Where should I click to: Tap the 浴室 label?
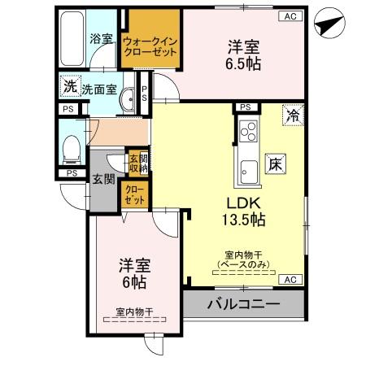point(101,38)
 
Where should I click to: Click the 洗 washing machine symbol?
point(71,85)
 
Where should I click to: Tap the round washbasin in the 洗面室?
point(127,98)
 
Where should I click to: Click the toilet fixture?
point(71,147)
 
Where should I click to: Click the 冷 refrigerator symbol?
point(291,115)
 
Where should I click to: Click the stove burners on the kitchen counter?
point(248,132)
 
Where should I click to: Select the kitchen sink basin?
point(246,172)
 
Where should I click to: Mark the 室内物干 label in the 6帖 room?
point(134,312)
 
